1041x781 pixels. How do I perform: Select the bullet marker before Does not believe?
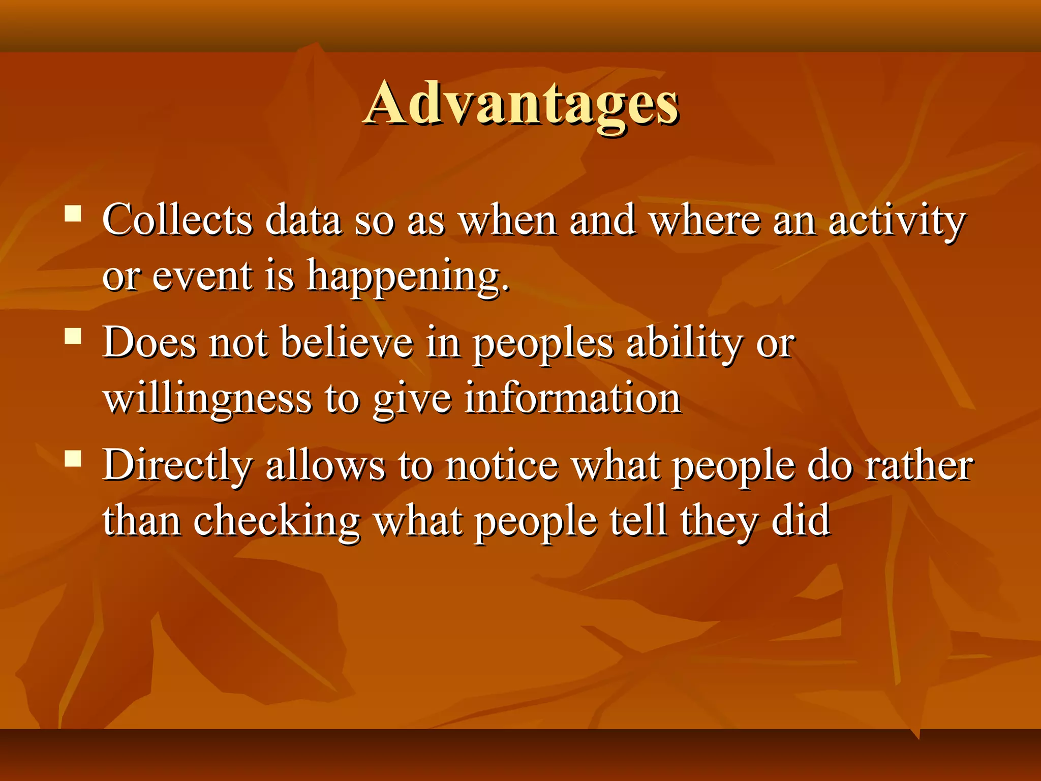coord(74,336)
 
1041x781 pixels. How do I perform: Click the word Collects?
coord(177,220)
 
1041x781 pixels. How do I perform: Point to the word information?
coord(573,398)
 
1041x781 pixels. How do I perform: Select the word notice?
coord(502,465)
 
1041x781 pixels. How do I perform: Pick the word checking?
coord(277,522)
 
